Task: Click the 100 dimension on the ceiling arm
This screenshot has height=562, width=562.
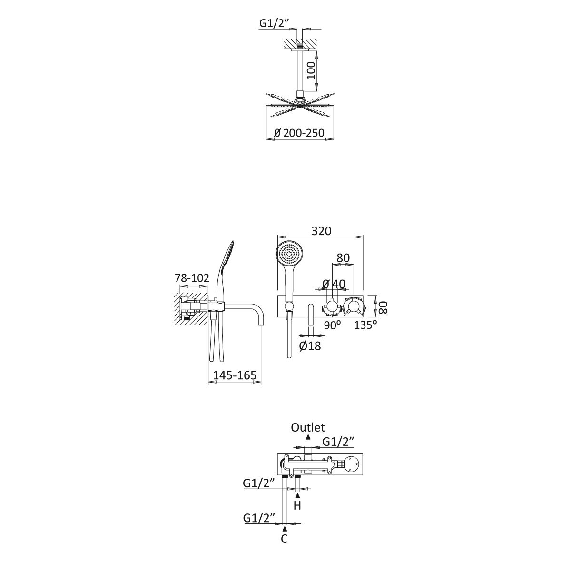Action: click(x=311, y=70)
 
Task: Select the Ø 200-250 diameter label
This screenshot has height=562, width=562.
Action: click(x=299, y=133)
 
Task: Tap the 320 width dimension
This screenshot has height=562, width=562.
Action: click(x=321, y=231)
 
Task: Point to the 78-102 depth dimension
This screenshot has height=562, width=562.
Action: click(x=192, y=278)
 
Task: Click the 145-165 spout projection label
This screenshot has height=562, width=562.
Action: click(x=235, y=375)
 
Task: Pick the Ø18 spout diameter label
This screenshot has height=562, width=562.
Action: click(x=310, y=346)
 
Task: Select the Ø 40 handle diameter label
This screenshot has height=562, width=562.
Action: click(x=334, y=284)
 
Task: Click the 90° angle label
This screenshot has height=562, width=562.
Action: click(x=332, y=325)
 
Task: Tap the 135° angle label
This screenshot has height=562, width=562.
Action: click(x=365, y=325)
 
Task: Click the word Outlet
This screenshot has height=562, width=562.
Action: click(x=308, y=427)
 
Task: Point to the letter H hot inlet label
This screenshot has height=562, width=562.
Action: click(x=297, y=506)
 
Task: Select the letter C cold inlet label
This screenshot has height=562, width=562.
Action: click(x=284, y=539)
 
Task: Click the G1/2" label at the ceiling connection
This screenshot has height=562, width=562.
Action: click(x=274, y=23)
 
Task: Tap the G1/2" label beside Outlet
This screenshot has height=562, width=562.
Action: click(x=338, y=442)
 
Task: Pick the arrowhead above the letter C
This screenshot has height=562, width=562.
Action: click(x=285, y=528)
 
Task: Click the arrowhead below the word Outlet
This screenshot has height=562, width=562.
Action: click(x=308, y=436)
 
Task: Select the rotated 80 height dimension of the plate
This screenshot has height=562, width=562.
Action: click(x=383, y=307)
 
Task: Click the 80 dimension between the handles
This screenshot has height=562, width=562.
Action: click(x=343, y=258)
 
